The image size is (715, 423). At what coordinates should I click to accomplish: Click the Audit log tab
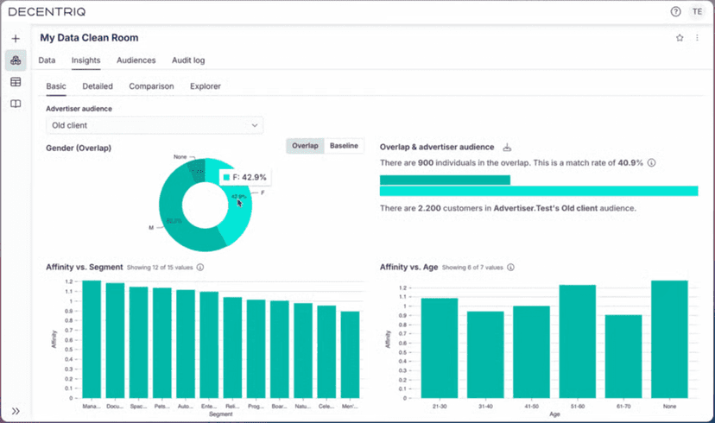pyautogui.click(x=187, y=60)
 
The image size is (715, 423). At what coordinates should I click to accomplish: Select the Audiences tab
pyautogui.click(x=136, y=60)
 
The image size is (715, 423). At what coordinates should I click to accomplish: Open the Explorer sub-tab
pyautogui.click(x=205, y=86)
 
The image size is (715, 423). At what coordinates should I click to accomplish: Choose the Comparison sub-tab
pyautogui.click(x=151, y=86)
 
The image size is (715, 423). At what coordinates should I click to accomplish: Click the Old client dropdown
pyautogui.click(x=154, y=125)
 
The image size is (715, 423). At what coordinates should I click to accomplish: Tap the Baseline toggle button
pyautogui.click(x=344, y=146)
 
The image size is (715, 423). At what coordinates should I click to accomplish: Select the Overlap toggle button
pyautogui.click(x=305, y=146)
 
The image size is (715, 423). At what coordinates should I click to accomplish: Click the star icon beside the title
pyautogui.click(x=680, y=38)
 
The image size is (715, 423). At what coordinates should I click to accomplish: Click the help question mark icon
pyautogui.click(x=675, y=11)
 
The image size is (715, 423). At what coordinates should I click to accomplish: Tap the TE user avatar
pyautogui.click(x=697, y=11)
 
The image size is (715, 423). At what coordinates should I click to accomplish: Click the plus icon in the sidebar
pyautogui.click(x=16, y=39)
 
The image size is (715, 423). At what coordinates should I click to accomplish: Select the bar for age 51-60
pyautogui.click(x=577, y=338)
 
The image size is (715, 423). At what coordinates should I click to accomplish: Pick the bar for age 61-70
pyautogui.click(x=623, y=353)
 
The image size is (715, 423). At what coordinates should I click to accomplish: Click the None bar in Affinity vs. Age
pyautogui.click(x=669, y=337)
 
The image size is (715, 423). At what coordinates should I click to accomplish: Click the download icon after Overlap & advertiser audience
pyautogui.click(x=508, y=148)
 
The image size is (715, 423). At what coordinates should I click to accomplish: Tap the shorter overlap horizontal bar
pyautogui.click(x=445, y=180)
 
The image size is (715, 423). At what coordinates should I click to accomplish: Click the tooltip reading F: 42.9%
pyautogui.click(x=245, y=177)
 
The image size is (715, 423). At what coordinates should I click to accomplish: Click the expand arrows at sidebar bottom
pyautogui.click(x=16, y=411)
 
